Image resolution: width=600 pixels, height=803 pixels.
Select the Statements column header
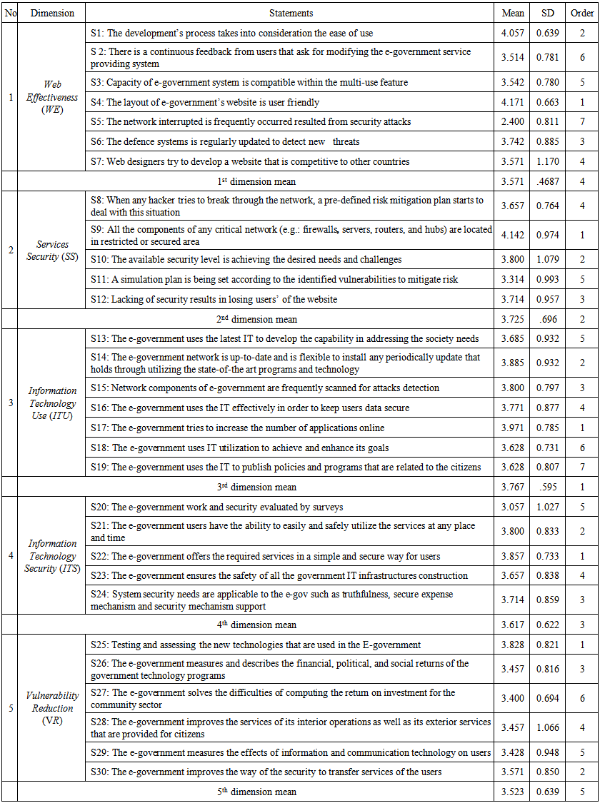tap(291, 13)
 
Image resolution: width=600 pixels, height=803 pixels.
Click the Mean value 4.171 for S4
tap(514, 103)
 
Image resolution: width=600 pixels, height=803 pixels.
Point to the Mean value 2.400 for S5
tap(514, 122)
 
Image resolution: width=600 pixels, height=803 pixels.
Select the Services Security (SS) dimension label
tap(52, 251)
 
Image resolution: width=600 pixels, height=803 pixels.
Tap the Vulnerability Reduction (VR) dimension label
tap(52, 708)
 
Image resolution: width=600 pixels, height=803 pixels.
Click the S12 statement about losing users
tap(224, 300)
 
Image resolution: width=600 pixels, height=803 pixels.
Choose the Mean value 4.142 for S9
tap(514, 235)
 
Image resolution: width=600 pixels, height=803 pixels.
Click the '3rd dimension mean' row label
tap(256, 488)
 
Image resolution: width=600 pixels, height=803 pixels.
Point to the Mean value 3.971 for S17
tap(514, 428)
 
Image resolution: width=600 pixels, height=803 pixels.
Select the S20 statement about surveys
tap(217, 507)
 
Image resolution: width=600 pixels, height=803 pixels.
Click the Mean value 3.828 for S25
tap(514, 645)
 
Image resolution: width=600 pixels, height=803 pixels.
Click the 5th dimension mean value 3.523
tap(514, 792)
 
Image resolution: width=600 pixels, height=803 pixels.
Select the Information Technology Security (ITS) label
tap(52, 556)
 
